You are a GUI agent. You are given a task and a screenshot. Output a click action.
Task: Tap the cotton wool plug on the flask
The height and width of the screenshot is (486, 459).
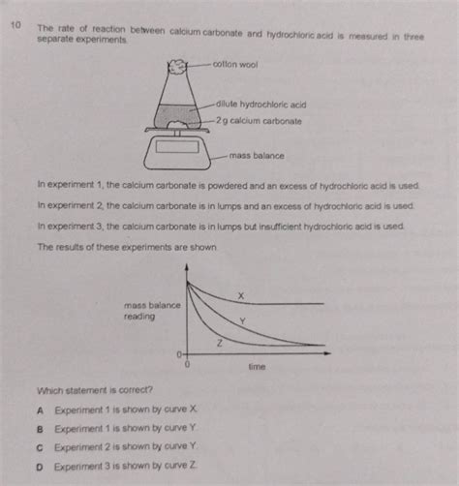180,66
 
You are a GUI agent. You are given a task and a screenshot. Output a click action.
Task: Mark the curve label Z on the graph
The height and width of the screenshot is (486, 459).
220,344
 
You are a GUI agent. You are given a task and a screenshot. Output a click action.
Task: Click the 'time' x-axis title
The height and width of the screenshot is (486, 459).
257,368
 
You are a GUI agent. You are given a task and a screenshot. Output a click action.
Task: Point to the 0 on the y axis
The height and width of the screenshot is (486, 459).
179,355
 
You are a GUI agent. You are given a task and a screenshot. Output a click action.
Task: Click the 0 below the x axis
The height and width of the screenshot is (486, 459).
187,368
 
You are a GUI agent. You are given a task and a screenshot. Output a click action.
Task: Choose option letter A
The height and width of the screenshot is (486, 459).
40,410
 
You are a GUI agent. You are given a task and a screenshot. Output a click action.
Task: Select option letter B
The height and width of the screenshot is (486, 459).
40,427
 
